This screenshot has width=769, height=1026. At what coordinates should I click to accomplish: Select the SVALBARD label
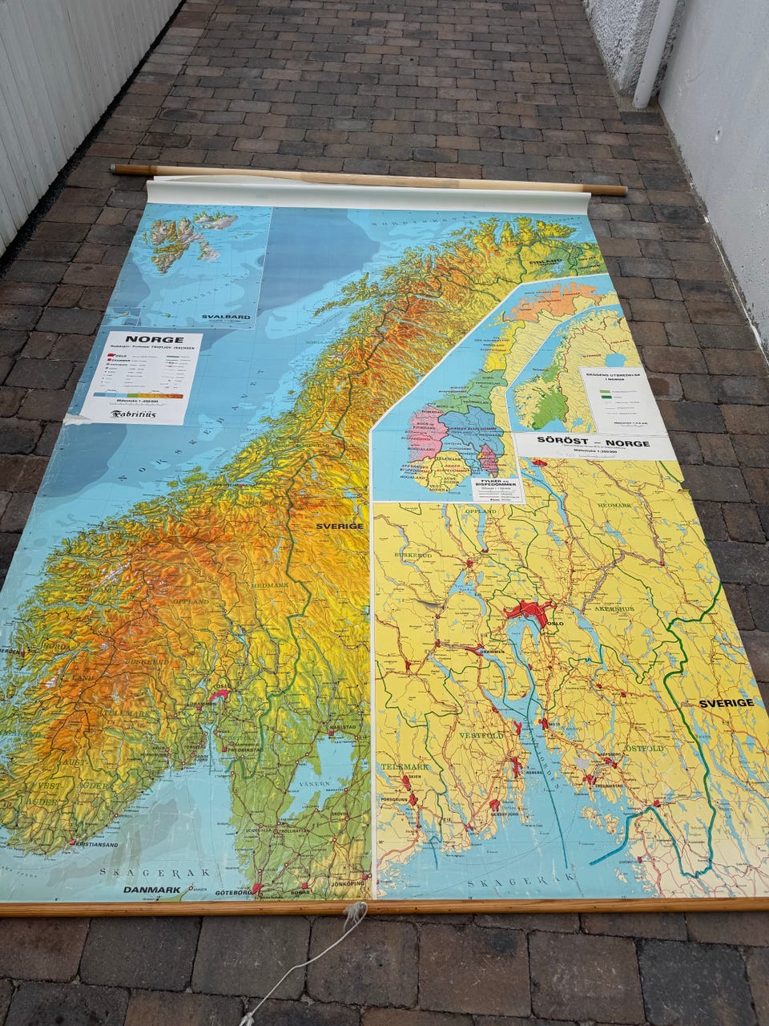tap(226, 317)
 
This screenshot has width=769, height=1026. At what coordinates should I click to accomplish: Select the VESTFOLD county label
tap(483, 734)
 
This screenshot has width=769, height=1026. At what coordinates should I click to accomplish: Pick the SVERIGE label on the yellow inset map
tap(726, 703)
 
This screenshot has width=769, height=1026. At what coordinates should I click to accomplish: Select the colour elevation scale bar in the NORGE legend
tap(138, 395)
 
